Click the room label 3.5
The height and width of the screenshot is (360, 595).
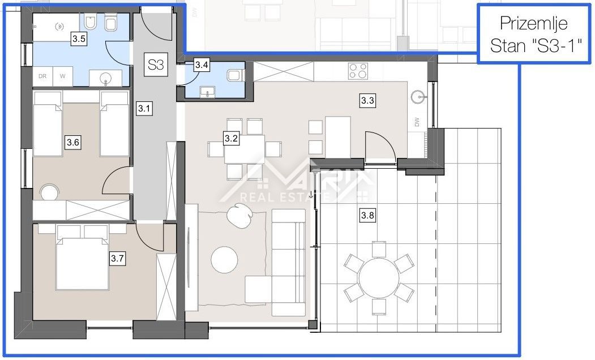[79, 38]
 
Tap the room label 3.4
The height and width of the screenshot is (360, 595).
[202, 65]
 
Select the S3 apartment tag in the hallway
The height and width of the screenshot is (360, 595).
[156, 65]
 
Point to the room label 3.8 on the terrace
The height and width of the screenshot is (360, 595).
[367, 216]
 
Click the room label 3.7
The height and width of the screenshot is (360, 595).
[117, 258]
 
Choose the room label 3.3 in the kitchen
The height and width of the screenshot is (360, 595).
[367, 101]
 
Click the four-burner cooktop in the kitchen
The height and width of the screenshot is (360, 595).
[358, 71]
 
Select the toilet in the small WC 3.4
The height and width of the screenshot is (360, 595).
[233, 75]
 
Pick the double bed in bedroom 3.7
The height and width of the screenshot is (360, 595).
[82, 258]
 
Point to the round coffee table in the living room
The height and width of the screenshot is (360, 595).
[224, 260]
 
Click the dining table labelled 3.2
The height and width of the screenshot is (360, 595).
[245, 149]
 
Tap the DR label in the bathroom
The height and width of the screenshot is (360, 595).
[42, 76]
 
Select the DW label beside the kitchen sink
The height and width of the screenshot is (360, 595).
[417, 122]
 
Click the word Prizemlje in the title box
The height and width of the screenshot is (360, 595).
[533, 23]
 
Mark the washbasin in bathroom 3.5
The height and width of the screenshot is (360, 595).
[105, 78]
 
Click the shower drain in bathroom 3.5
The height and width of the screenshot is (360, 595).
[59, 26]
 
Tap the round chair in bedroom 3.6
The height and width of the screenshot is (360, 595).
[50, 192]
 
